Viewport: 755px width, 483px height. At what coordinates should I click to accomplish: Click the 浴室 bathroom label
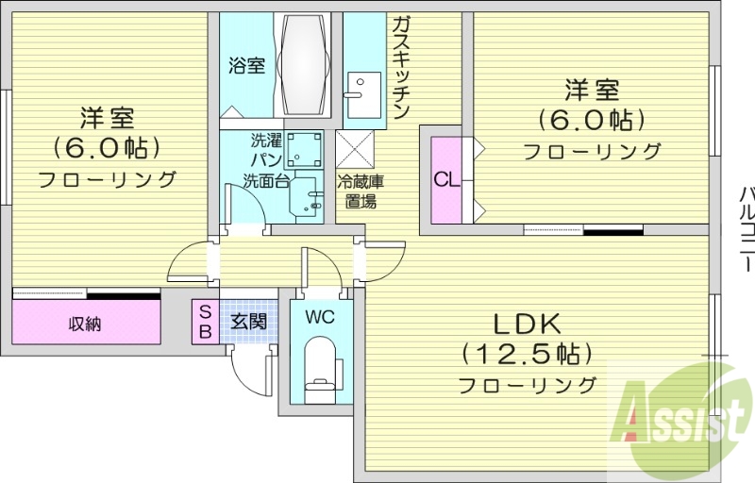(247, 66)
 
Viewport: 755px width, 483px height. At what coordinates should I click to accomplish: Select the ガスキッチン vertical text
(401, 67)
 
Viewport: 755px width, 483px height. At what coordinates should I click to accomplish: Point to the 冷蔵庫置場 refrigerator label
(357, 191)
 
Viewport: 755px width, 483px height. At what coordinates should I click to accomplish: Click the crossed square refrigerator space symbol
(356, 151)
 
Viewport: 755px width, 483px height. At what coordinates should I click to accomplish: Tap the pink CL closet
(446, 178)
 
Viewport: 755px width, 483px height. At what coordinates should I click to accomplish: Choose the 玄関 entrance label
(248, 321)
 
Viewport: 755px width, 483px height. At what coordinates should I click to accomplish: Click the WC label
(321, 318)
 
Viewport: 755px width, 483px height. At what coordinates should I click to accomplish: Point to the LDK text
(528, 323)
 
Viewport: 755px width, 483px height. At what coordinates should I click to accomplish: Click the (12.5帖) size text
(528, 354)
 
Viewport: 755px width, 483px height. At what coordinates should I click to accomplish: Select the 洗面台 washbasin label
(266, 181)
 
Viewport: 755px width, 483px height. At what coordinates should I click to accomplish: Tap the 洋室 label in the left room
(106, 118)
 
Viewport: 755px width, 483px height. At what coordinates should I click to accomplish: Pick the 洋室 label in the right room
(592, 91)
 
